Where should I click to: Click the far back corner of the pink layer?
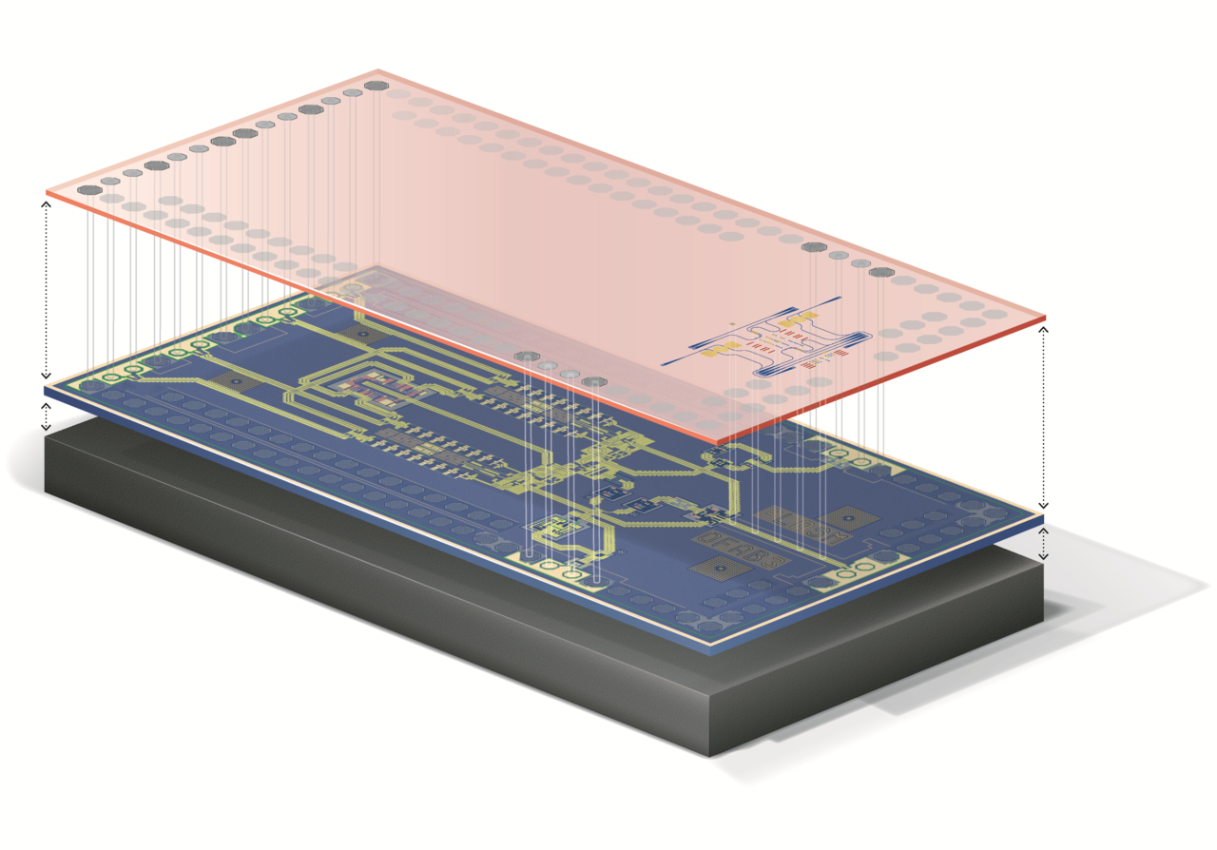(378, 71)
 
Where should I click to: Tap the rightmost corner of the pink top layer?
(1046, 317)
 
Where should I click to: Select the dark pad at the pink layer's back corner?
(375, 86)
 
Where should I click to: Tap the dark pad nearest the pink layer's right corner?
(881, 272)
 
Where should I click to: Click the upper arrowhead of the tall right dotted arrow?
(1044, 329)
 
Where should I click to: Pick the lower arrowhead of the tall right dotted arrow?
(1044, 506)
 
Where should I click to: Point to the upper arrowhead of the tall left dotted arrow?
(46, 203)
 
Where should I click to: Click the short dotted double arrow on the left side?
(46, 416)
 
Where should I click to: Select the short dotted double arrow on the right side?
(1044, 542)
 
